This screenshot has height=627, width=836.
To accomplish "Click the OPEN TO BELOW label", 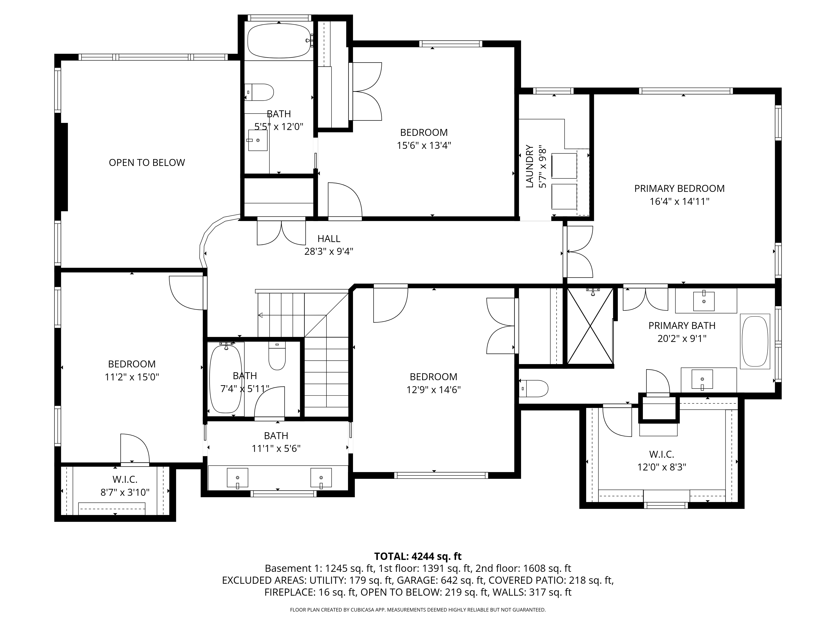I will point(147,163).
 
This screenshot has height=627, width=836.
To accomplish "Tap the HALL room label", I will point(328,238).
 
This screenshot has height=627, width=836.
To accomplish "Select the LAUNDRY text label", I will point(529,166).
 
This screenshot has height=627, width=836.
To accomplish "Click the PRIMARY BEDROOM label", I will point(679,189).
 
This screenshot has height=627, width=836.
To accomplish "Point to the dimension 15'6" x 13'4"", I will point(424,145).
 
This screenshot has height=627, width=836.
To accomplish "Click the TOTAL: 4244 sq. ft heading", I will point(418,556).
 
